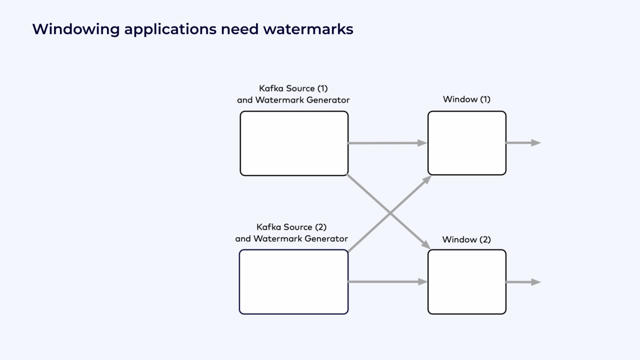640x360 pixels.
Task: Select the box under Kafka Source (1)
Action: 294,143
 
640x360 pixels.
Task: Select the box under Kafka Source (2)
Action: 293,282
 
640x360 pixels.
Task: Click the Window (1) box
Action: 467,143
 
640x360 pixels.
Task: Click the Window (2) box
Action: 467,282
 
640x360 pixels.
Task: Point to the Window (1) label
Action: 466,99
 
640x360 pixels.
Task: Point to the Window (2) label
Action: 466,239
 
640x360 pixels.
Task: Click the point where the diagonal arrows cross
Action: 389,213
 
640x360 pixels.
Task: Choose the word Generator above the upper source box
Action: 329,100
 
